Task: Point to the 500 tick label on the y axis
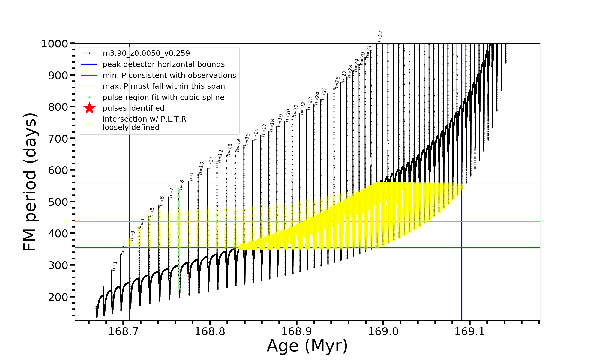coord(58,202)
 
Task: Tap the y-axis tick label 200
coord(58,297)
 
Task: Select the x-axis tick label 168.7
coord(123,331)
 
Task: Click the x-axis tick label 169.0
coord(383,331)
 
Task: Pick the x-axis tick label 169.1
coord(470,331)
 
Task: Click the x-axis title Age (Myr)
coord(307,346)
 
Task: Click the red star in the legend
coord(89,108)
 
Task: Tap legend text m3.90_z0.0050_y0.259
coord(146,53)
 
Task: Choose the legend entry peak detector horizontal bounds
coord(163,64)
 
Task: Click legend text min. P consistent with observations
coord(169,75)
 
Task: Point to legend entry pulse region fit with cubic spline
coord(163,97)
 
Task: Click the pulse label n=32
coord(380,37)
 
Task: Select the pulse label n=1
coord(115,266)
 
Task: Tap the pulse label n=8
coord(181,185)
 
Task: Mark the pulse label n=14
coord(238,145)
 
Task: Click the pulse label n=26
coord(337,83)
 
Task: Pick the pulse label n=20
coord(288,115)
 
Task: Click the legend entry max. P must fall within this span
coord(163,86)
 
